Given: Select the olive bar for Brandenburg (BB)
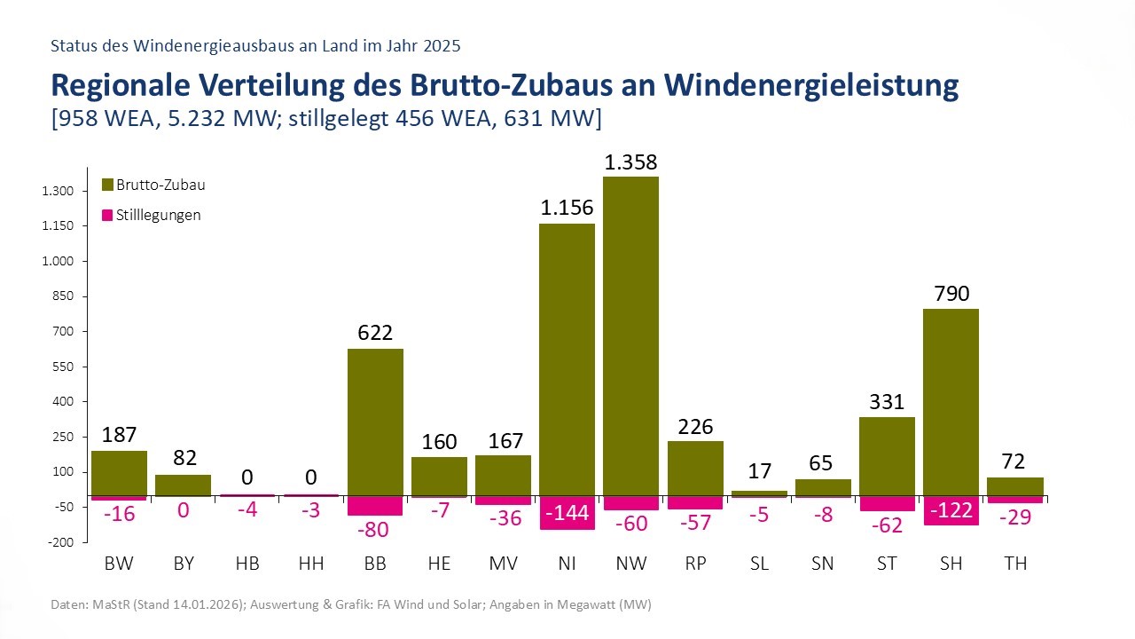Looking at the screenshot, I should tap(375, 422).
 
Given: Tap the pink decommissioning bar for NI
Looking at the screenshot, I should tap(567, 512).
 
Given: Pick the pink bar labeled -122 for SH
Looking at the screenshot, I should tap(952, 510).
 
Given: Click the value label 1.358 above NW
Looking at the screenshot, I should tap(630, 162).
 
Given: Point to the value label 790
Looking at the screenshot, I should tap(952, 294).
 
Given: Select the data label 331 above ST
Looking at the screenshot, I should tap(887, 402).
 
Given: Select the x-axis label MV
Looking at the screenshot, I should tap(503, 564).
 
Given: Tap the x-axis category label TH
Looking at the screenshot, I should tap(1015, 564).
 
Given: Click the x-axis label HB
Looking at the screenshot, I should tap(247, 564).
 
